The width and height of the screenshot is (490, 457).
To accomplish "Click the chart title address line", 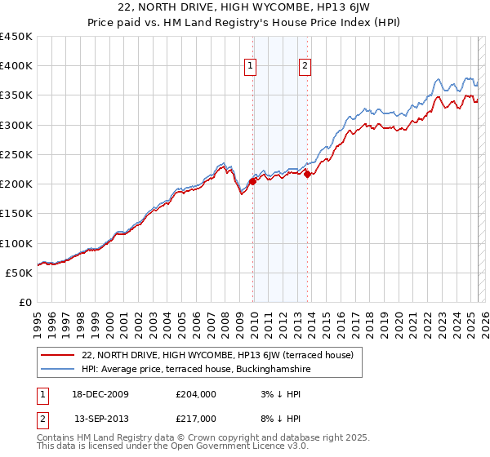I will [244, 8].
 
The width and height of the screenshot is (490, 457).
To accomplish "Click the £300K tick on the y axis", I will [18, 125].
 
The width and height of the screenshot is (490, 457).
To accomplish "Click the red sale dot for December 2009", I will [252, 181].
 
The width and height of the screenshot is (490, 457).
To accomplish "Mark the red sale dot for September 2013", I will [307, 174].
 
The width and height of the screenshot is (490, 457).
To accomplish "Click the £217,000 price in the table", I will [196, 418].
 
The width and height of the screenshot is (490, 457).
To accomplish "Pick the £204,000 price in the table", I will [196, 394].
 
